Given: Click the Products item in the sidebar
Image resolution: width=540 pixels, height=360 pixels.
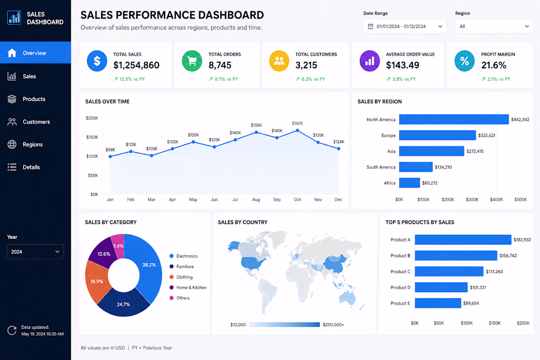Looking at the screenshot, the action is click(27, 99).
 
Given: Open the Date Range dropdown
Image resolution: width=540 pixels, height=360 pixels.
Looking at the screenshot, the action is click(405, 26).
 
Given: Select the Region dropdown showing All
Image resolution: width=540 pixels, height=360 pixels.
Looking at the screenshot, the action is click(494, 26).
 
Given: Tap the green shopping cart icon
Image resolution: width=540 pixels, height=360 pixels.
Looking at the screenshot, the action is click(192, 61).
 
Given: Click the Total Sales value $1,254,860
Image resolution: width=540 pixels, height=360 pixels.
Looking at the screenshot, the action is click(136, 65).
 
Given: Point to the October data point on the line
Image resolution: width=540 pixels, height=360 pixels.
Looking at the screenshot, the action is click(297, 131).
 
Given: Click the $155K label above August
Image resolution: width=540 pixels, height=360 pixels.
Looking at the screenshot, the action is click(256, 125).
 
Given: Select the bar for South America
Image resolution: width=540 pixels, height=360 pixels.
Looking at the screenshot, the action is click(416, 167).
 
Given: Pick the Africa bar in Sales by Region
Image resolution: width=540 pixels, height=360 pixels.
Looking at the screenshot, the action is click(409, 183).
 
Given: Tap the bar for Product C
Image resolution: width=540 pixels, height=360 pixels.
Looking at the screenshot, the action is click(449, 272).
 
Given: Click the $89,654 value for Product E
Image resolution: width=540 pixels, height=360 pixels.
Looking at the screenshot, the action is click(471, 304).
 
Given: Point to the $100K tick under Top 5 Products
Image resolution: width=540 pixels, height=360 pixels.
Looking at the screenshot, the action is click(467, 323).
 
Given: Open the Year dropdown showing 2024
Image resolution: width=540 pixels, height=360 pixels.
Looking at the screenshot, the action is click(35, 252).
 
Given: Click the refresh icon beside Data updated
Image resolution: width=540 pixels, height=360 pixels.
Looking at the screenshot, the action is click(12, 331).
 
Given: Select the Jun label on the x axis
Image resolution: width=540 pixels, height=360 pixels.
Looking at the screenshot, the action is click(214, 200).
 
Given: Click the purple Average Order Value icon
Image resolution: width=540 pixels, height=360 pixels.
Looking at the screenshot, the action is click(370, 61).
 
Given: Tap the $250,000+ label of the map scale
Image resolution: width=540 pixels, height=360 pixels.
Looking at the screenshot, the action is click(333, 325).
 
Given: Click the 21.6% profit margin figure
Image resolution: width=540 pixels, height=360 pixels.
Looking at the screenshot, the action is click(494, 65).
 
